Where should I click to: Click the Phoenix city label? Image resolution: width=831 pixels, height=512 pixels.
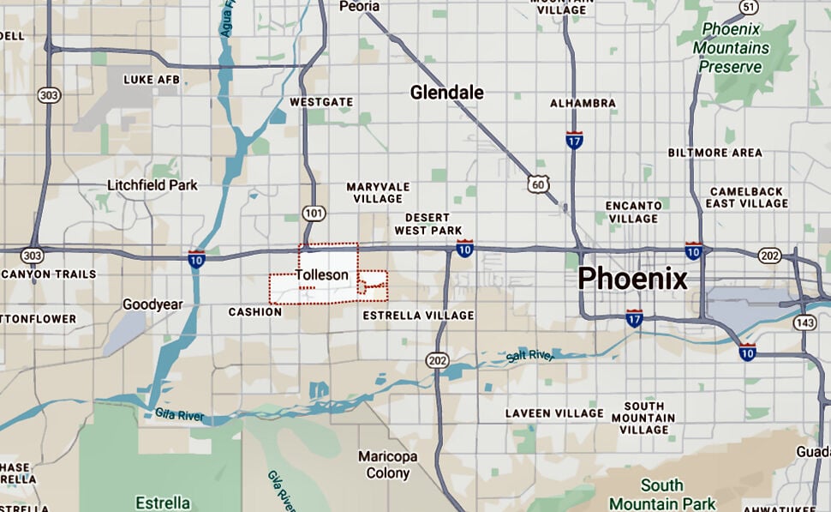pyautogui.click(x=632, y=278)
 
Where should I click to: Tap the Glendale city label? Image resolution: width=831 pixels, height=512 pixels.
pyautogui.click(x=446, y=93)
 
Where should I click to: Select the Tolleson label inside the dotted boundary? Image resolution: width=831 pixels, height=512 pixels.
pyautogui.click(x=321, y=275)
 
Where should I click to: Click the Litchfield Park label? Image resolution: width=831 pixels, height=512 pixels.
pyautogui.click(x=152, y=184)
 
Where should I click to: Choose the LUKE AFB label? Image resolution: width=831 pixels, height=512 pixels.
pyautogui.click(x=151, y=80)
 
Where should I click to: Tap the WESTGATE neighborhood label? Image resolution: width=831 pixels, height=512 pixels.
pyautogui.click(x=321, y=102)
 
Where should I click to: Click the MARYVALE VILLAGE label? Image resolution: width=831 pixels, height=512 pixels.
pyautogui.click(x=378, y=193)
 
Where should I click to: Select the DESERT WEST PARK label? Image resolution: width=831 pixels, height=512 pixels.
pyautogui.click(x=427, y=224)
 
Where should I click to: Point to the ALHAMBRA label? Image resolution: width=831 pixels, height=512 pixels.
pyautogui.click(x=583, y=103)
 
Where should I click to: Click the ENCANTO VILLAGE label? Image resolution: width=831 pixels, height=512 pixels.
pyautogui.click(x=633, y=212)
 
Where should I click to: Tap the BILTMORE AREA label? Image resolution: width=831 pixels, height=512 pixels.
pyautogui.click(x=714, y=153)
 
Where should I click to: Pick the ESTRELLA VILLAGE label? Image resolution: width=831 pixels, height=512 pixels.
pyautogui.click(x=418, y=316)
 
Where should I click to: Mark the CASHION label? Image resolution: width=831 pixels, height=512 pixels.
pyautogui.click(x=254, y=312)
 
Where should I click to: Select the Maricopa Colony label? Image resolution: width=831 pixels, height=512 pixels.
pyautogui.click(x=388, y=464)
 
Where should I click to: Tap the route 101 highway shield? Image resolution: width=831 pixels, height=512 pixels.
pyautogui.click(x=313, y=213)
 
